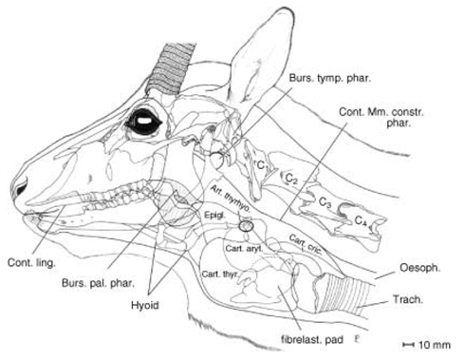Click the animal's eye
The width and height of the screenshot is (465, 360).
145,121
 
